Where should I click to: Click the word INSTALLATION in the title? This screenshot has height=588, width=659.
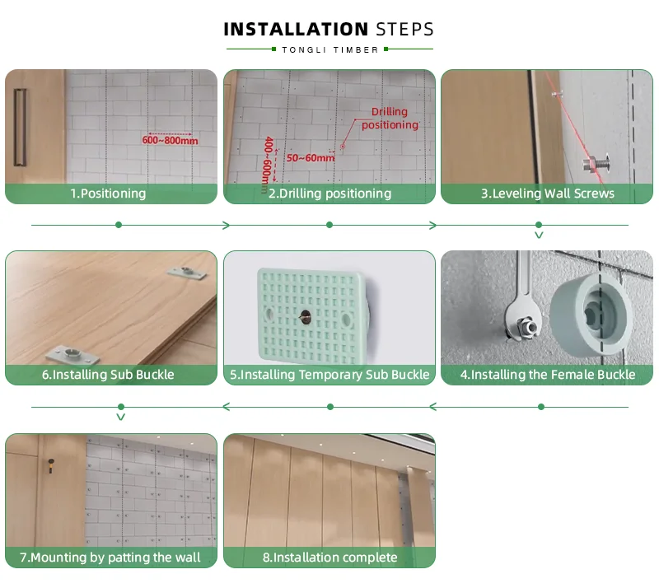(296, 30)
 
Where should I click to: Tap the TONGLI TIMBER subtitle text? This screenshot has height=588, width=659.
(330, 50)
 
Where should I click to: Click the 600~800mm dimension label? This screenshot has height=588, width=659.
(170, 140)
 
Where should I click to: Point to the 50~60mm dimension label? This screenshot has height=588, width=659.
(311, 158)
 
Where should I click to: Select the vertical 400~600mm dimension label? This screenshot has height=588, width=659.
(267, 165)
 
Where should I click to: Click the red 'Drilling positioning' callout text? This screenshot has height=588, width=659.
(390, 118)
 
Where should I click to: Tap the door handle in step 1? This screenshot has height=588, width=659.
(20, 128)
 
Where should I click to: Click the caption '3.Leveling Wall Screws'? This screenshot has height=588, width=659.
(548, 194)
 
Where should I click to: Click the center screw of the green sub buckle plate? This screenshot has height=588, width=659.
(305, 316)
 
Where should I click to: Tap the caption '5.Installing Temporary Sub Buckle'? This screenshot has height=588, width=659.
(329, 375)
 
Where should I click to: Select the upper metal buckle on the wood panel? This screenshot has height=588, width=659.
(187, 273)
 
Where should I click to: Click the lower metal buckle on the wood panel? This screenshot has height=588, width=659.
(72, 354)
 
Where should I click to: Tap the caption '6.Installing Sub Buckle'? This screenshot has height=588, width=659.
(108, 375)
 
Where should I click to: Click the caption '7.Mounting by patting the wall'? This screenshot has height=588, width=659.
(110, 558)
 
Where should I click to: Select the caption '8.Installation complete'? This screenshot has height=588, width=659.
(330, 558)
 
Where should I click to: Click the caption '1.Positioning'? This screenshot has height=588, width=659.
(108, 194)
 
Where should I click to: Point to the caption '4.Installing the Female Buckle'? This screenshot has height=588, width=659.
(548, 375)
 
